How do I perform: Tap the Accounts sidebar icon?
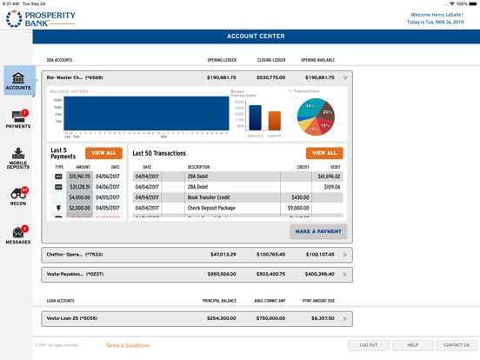[x=18, y=82]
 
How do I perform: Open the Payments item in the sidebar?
[x=18, y=119]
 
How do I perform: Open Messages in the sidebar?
[x=18, y=235]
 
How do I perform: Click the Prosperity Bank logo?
[x=40, y=18]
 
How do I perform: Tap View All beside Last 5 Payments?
[x=103, y=153]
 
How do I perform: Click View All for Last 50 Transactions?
[x=324, y=153]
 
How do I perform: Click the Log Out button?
[x=369, y=345]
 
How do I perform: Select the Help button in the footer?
[x=413, y=345]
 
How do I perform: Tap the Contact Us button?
[x=457, y=345]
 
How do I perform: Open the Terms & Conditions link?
[x=128, y=345]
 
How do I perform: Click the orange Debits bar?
[x=275, y=120]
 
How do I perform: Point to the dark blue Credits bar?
[x=255, y=117]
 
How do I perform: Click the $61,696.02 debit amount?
[x=329, y=177]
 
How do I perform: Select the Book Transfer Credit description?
[x=210, y=197]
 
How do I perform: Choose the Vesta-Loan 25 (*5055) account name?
[x=72, y=318]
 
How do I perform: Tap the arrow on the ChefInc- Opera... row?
[x=345, y=255]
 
